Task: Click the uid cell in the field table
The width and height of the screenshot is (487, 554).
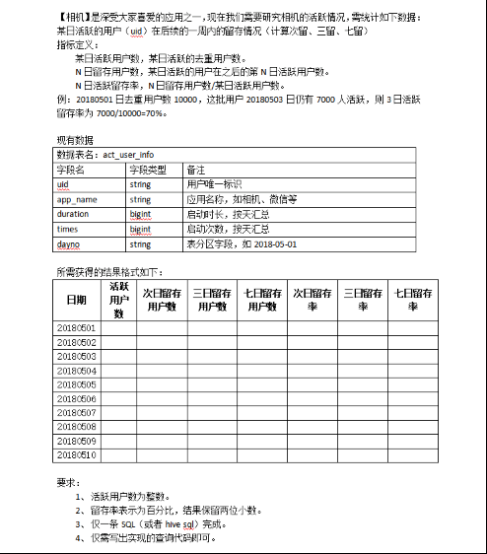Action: [x=62, y=183]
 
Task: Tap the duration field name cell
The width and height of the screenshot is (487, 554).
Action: [x=73, y=213]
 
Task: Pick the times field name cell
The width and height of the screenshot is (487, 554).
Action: [x=67, y=228]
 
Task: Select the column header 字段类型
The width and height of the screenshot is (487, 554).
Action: [x=149, y=170]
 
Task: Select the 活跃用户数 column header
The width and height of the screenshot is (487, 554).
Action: [x=119, y=299]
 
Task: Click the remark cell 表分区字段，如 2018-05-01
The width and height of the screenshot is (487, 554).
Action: [x=242, y=242]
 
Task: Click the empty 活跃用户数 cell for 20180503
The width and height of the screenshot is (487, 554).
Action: [x=119, y=357]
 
